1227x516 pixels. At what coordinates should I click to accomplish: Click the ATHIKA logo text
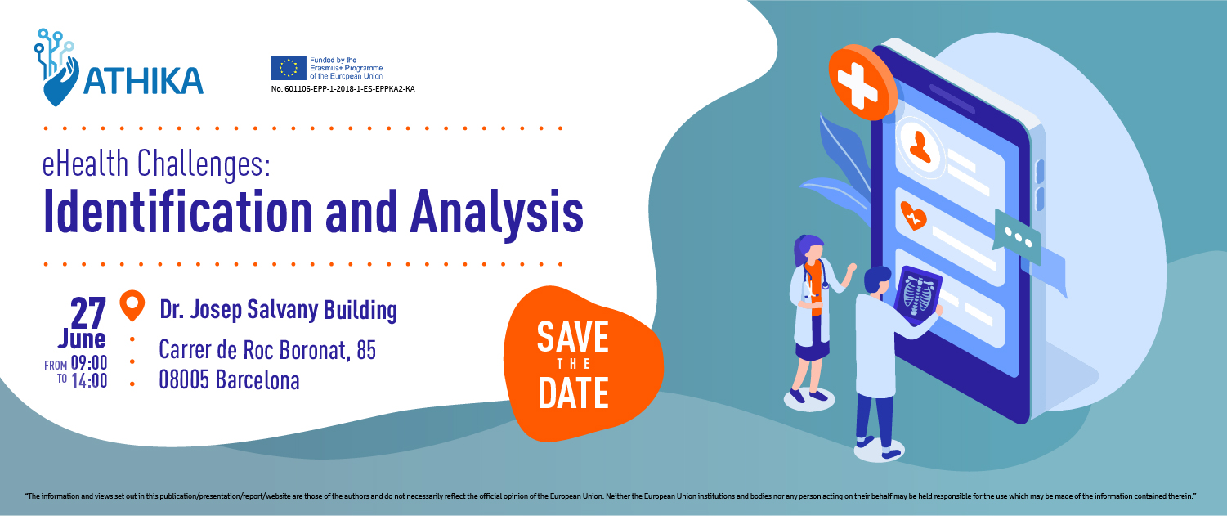[144, 81]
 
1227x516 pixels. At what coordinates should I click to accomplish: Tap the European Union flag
[288, 68]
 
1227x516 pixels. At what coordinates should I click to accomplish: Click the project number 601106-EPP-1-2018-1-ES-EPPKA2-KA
[343, 89]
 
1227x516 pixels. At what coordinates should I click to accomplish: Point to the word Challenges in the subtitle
[204, 164]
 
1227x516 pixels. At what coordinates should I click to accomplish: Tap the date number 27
[88, 313]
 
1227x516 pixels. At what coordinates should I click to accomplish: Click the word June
[82, 339]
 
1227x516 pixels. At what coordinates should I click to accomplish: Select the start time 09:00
[89, 362]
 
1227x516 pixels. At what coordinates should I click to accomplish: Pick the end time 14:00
[89, 380]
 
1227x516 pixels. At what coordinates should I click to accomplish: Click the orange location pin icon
[132, 305]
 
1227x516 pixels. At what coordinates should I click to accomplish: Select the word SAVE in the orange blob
[573, 336]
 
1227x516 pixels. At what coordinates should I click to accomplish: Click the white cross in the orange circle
[858, 83]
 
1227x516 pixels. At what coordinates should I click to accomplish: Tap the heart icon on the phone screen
[913, 215]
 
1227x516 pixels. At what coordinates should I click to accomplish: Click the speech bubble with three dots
[1017, 238]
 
